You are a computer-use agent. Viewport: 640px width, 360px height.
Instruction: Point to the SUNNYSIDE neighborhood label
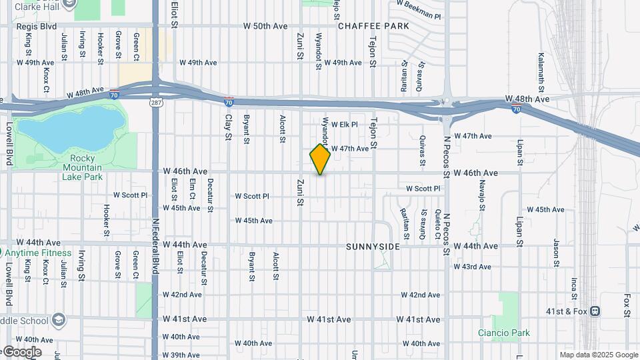click(x=373, y=247)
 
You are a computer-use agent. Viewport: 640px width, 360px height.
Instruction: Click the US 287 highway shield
click(x=154, y=102)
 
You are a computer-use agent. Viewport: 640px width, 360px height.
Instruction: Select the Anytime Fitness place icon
click(x=2, y=253)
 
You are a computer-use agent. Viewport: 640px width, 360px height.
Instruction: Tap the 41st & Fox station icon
click(x=595, y=311)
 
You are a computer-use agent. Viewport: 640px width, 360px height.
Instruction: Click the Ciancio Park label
click(x=504, y=333)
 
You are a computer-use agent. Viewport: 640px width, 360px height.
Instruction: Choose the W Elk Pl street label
click(x=345, y=125)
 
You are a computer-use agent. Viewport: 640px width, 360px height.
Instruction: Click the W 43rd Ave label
click(x=472, y=267)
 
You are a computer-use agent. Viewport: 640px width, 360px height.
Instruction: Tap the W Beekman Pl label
click(x=418, y=9)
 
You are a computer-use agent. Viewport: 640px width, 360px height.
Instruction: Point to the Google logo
click(x=21, y=351)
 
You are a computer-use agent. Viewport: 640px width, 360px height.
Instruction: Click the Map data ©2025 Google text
click(x=599, y=355)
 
